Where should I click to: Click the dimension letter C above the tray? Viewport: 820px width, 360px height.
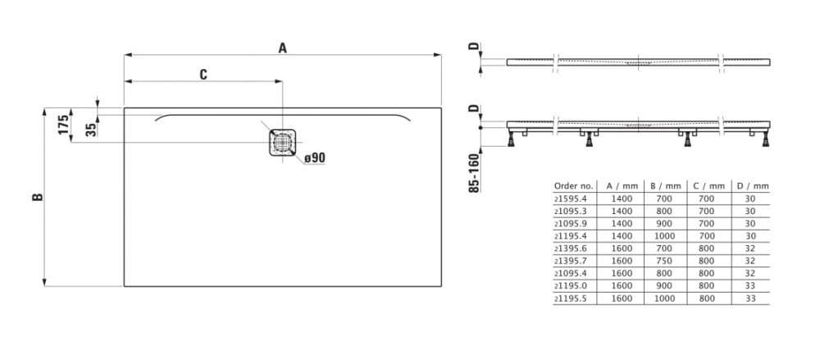coord(203,74)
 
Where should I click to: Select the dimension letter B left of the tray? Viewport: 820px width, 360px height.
coord(36,197)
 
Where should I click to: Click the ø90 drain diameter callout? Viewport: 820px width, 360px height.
coord(315,157)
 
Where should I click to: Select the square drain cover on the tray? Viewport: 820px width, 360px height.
coord(282,141)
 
